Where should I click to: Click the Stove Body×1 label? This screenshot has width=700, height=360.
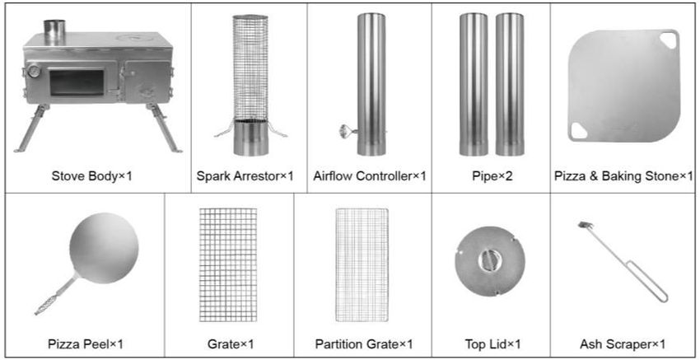(92, 176)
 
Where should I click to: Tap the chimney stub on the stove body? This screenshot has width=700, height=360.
(54, 32)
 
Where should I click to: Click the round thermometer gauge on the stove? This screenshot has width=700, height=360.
(34, 71)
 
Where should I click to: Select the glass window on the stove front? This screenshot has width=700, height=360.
(77, 82)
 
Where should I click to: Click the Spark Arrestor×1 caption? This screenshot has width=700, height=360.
(245, 176)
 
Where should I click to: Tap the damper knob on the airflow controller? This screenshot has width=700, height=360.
(345, 131)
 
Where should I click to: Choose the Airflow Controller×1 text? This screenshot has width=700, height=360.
(370, 176)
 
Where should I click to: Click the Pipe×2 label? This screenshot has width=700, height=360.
(492, 176)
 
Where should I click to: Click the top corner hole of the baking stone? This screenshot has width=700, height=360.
(669, 40)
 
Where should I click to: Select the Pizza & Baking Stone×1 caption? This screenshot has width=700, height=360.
(623, 176)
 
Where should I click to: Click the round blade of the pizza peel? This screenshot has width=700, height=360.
(104, 248)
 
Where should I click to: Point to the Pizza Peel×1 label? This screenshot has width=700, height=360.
(86, 344)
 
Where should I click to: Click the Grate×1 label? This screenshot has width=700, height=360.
(231, 344)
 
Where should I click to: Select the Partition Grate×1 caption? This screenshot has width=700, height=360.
(364, 344)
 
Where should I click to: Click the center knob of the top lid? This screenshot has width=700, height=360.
(490, 260)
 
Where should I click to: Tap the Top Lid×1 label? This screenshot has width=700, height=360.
(492, 344)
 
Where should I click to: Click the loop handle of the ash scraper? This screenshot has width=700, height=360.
(648, 283)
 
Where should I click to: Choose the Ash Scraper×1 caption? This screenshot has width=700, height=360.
(623, 344)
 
